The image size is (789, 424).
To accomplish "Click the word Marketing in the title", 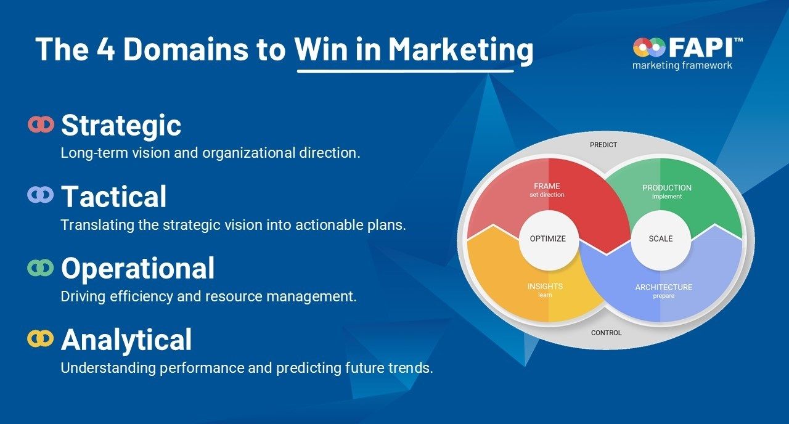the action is coord(460,51).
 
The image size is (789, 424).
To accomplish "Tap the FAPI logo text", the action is coord(703,47).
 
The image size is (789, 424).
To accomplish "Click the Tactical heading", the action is coord(114,197).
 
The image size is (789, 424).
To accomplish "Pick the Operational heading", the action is coord(137,268).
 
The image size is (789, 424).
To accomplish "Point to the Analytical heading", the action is coord(126,340).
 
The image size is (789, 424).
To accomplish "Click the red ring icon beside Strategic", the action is coord(41,124).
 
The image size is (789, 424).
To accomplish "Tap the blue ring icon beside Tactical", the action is coord(41,195).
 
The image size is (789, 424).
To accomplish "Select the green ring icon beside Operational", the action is coord(41,267).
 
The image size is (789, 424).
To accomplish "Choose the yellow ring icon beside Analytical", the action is coord(41,339).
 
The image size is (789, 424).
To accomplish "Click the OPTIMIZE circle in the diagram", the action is coord(548,240).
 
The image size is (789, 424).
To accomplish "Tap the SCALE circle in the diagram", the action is coord(661,240).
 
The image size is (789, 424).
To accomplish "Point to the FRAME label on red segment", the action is coord(547,186).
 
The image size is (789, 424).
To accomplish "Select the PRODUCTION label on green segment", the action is coord(667,188).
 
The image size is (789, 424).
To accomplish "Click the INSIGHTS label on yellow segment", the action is coord(546,287).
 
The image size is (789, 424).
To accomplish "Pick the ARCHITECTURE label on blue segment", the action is coord(664,287).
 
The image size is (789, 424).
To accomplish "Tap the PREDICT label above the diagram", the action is coord(603,145).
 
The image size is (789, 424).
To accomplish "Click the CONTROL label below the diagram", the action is coord(606,333).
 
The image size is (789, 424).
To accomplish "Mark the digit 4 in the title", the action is coord(105,49).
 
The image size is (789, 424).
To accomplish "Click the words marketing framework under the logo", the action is coord(682,65).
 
